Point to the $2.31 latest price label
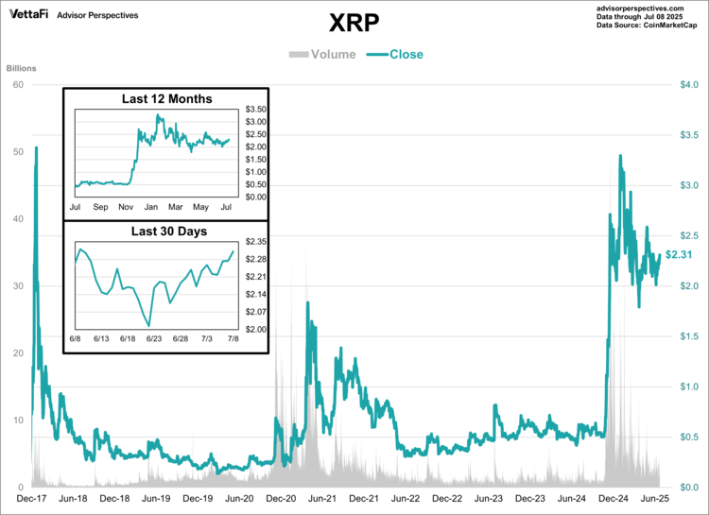pyautogui.click(x=679, y=255)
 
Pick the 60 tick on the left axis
pyautogui.click(x=18, y=85)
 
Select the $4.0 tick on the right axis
pyautogui.click(x=689, y=85)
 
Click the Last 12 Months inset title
pyautogui.click(x=166, y=99)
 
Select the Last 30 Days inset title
pyautogui.click(x=166, y=231)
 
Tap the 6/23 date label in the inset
pyautogui.click(x=155, y=338)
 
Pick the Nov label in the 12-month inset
pyautogui.click(x=125, y=205)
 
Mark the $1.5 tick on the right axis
pyautogui.click(x=689, y=336)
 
